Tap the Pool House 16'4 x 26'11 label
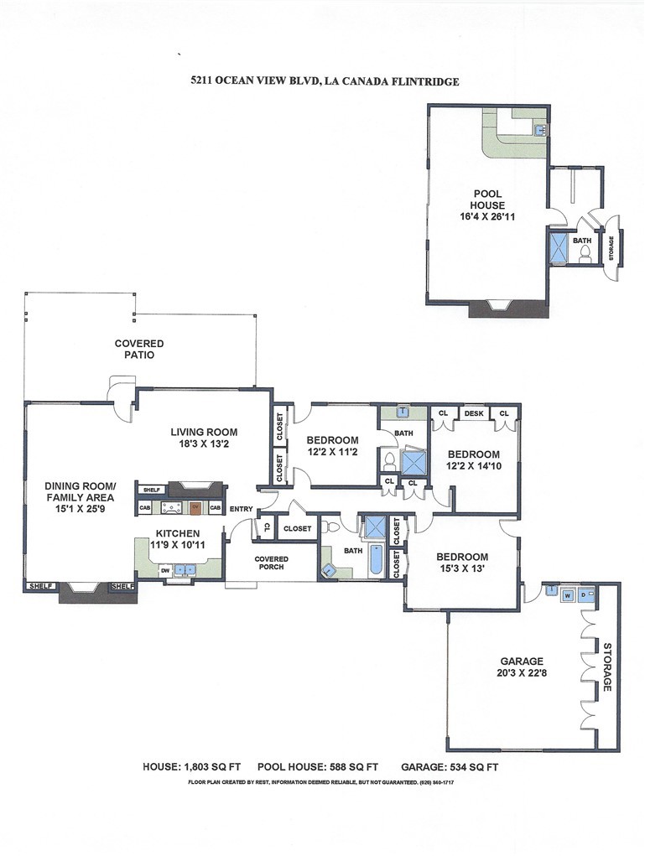click(487, 205)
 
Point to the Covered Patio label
click(139, 349)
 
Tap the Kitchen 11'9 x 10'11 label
click(175, 539)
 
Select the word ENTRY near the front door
click(241, 509)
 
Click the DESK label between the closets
click(474, 413)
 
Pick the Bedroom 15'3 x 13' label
click(461, 563)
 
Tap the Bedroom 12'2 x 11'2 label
click(332, 446)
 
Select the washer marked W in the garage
click(568, 595)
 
